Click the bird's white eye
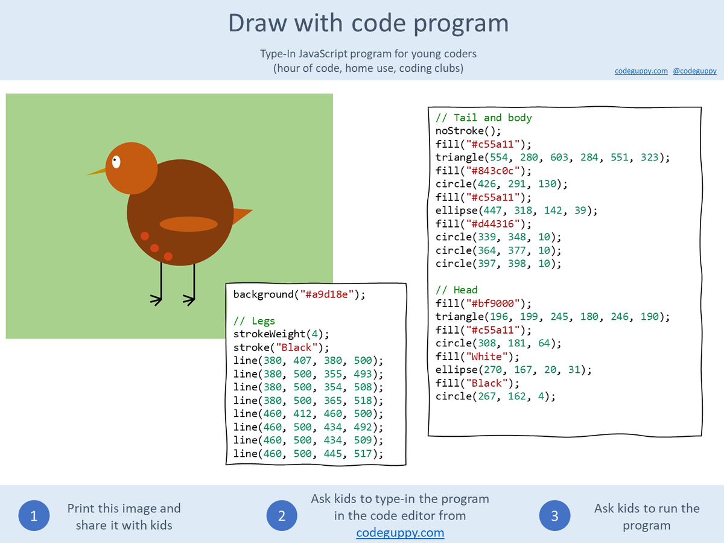(116, 162)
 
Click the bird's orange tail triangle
(241, 214)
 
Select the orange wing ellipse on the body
(188, 224)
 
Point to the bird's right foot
(189, 298)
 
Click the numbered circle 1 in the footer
(34, 516)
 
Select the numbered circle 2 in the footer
(282, 516)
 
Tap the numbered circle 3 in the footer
(554, 516)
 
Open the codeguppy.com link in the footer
(400, 533)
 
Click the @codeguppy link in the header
(694, 71)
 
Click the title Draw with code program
(368, 23)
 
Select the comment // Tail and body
(483, 118)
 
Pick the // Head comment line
(456, 290)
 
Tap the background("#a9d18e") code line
(299, 294)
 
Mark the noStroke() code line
(468, 131)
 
